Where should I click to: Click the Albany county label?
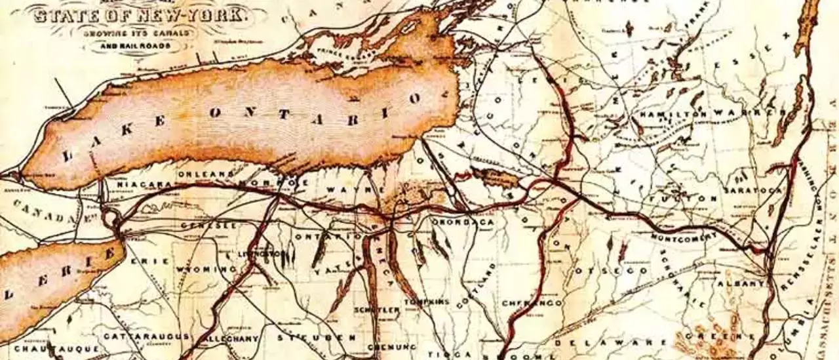point(741,283)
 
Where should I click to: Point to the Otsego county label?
point(612,270)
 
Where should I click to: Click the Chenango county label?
point(532,303)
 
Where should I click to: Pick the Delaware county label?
point(587,342)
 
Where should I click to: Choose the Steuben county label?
point(317,338)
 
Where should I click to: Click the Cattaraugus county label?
point(147,336)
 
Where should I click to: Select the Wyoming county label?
point(206,270)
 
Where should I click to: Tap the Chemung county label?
point(392,346)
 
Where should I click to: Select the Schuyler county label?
point(376,309)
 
